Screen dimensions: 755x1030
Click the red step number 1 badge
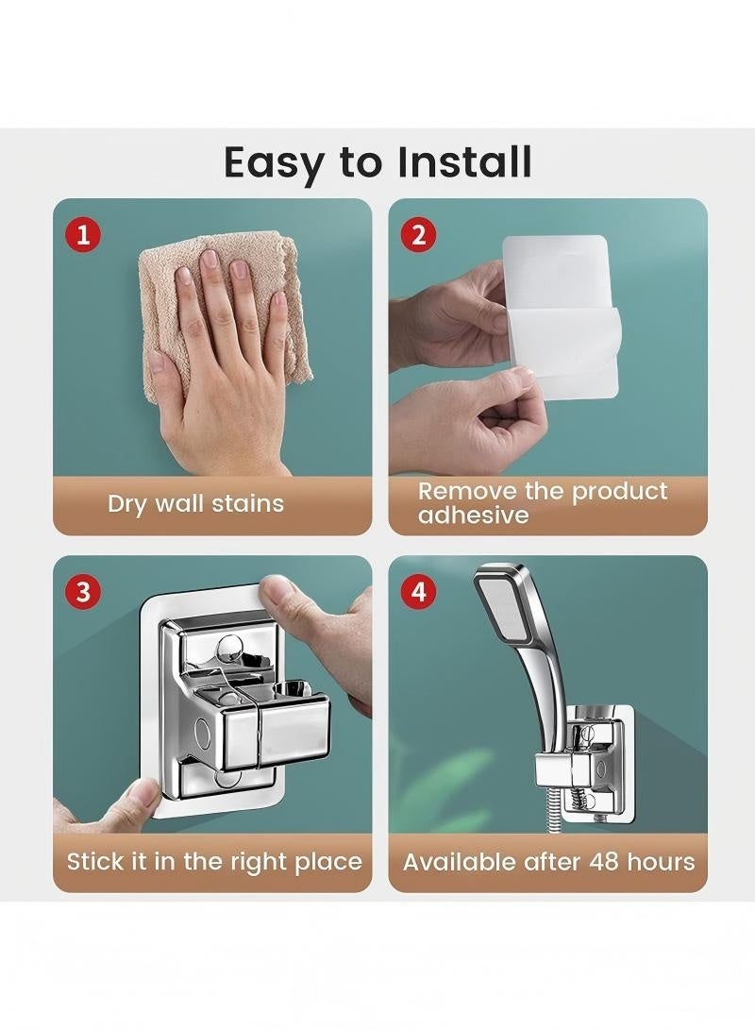click(x=83, y=234)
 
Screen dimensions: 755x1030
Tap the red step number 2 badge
click(x=418, y=234)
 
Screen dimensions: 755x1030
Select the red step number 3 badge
click(x=83, y=592)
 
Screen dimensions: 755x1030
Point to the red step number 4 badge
click(x=418, y=592)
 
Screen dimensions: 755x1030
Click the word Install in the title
click(x=465, y=161)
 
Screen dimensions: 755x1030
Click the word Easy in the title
click(x=276, y=164)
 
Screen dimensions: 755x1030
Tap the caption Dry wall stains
click(x=195, y=504)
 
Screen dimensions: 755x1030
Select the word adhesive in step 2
click(x=474, y=515)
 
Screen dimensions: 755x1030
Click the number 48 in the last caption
click(x=604, y=861)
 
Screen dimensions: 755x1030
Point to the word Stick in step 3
click(x=94, y=861)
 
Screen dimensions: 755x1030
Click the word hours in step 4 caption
click(x=661, y=861)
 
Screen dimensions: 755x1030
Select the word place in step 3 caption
click(x=328, y=863)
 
